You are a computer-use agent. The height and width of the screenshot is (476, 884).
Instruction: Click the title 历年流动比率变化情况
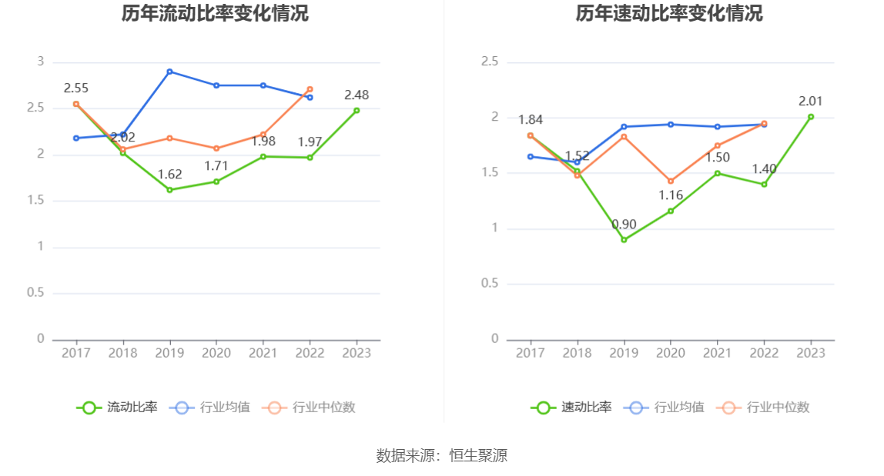[x=215, y=13]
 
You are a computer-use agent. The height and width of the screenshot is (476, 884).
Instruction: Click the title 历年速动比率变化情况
[x=669, y=13]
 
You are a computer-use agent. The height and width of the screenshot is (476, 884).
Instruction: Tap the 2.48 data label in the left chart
[x=357, y=95]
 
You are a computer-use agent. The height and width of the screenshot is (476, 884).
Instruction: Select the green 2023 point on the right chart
[x=811, y=117]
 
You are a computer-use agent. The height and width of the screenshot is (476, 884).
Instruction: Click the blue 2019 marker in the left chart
[x=169, y=72]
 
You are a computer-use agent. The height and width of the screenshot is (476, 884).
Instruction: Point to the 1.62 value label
[x=169, y=175]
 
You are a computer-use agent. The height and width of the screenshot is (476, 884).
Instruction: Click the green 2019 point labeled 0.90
[x=624, y=240]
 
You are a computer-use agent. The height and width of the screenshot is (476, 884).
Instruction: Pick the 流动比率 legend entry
[x=117, y=408]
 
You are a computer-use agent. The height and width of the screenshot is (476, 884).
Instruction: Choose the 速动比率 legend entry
[x=571, y=408]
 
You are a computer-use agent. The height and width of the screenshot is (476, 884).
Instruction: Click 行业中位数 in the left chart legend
[x=309, y=408]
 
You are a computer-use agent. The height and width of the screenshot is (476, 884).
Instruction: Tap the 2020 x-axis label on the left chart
[x=216, y=353]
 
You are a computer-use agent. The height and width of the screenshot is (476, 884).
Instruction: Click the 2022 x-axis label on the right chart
[x=764, y=353]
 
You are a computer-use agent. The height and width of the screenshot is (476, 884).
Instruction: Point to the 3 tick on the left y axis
[x=40, y=62]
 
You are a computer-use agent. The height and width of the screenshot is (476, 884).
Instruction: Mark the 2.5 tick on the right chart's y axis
[x=490, y=62]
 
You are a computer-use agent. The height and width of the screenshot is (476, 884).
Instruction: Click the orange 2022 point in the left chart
[x=310, y=89]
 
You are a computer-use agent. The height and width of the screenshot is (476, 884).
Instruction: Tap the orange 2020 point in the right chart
[x=671, y=181]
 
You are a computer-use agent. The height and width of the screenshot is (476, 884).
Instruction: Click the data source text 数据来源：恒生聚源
[x=442, y=455]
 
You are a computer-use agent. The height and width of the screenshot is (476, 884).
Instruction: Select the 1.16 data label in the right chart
[x=671, y=195]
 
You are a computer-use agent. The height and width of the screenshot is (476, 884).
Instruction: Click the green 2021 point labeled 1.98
[x=263, y=156]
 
